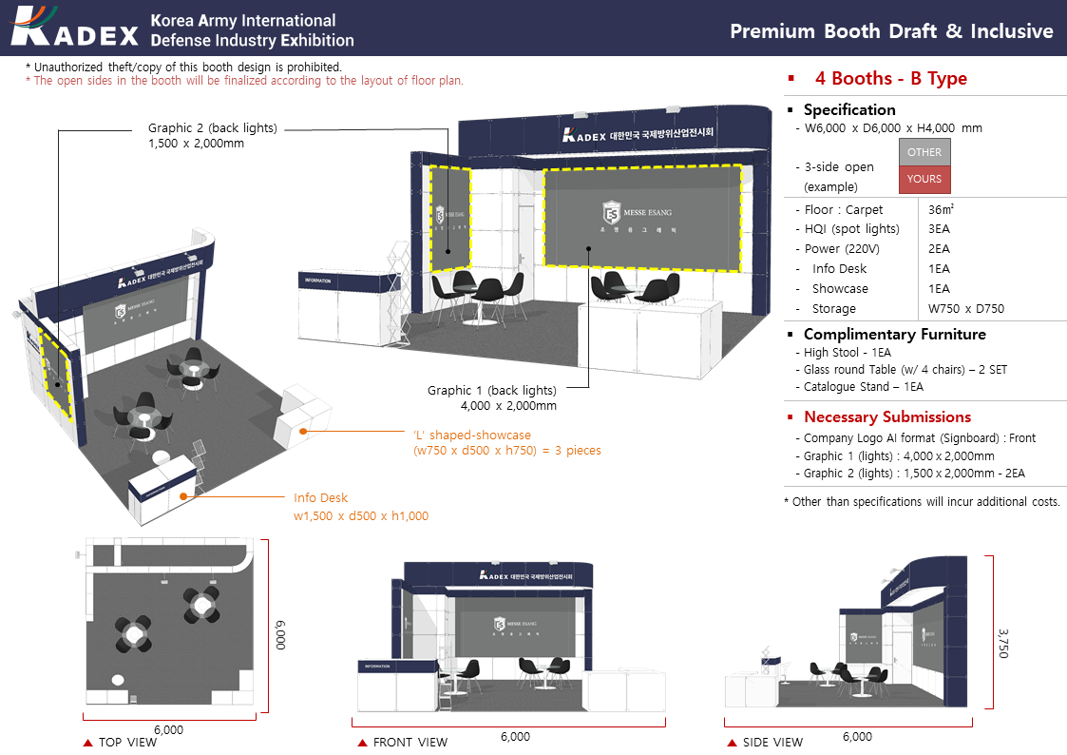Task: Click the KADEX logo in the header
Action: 76,29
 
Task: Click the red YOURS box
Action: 924,179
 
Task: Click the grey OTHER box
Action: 924,152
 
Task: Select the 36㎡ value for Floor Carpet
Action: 941,210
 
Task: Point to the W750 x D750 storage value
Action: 965,309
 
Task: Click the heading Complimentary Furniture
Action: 894,335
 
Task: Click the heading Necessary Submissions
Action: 886,417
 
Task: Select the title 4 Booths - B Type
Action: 890,79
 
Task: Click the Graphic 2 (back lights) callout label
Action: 212,136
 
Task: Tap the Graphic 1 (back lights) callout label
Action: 491,397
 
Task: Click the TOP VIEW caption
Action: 127,742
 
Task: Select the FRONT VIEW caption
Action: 410,742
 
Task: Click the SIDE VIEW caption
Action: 772,742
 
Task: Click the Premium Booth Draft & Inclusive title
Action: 890,31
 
